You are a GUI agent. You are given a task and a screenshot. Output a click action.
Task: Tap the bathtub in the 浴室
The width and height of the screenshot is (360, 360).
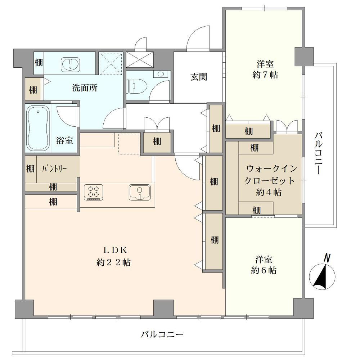point(38,128)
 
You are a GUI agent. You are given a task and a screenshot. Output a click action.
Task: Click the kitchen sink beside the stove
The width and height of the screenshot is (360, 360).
point(140,192)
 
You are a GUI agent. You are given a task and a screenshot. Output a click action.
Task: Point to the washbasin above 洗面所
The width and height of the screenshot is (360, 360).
point(71,64)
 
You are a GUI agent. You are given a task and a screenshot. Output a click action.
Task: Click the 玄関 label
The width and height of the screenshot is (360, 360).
point(199,77)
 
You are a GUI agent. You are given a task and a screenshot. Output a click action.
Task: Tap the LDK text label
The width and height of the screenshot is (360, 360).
point(115,250)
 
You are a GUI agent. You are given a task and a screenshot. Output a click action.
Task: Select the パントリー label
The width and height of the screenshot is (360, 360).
point(54,169)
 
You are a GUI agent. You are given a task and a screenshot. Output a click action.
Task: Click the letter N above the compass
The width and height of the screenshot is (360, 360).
point(327,258)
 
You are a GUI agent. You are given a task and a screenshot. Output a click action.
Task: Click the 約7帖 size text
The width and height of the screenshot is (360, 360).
point(265,75)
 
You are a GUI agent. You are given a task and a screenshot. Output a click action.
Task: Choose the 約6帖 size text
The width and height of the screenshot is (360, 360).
point(264,270)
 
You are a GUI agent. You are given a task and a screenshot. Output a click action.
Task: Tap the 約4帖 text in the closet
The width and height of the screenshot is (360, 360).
point(269,192)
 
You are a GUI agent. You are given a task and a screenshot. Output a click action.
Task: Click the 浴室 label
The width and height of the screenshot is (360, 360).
point(64,140)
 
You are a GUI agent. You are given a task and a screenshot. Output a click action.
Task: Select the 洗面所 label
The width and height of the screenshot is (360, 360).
point(85,88)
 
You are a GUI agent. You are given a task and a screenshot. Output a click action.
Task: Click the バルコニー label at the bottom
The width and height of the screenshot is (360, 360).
point(162,334)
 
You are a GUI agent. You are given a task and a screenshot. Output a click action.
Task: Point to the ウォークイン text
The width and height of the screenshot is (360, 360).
point(271,169)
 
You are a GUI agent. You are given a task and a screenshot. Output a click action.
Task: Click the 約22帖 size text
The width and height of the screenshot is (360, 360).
point(114,262)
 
